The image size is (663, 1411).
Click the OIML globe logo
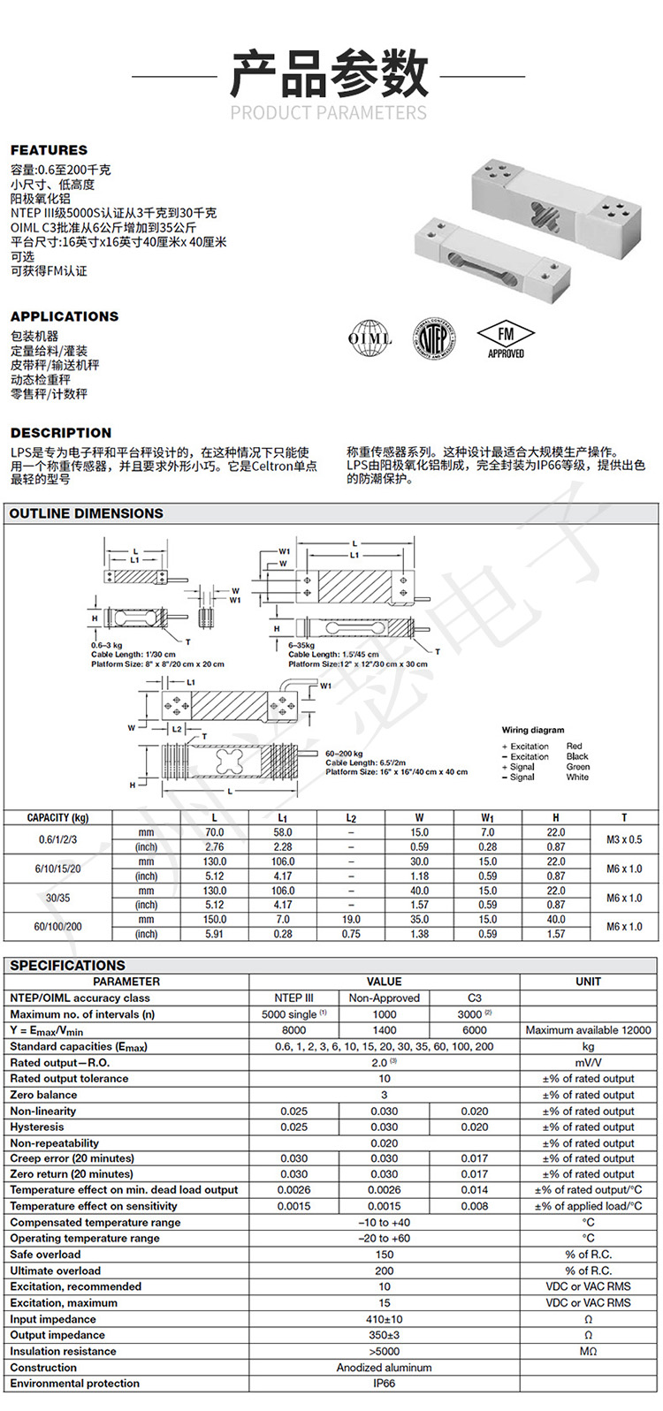pos(370,338)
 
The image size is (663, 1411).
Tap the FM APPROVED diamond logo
pos(506,339)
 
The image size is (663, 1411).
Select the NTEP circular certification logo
pos(433,338)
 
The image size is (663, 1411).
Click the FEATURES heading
pos(49,150)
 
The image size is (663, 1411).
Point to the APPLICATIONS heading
pos(64,316)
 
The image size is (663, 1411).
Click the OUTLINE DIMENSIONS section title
pos(87,513)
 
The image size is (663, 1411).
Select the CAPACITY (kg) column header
pos(58,818)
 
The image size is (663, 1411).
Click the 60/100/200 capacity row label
pos(58,927)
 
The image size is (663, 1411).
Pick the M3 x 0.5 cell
pos(624,839)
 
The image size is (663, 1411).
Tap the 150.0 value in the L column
pos(214,920)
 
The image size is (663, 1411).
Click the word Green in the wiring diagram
pos(577,767)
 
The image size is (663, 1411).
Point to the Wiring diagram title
pos(533,730)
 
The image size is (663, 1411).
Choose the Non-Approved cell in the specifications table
pos(384,998)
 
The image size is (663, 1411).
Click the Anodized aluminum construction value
pos(384,1367)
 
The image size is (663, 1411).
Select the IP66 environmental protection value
pos(384,1383)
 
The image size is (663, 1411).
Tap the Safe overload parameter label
pos(45,1255)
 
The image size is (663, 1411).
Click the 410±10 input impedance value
pos(384,1319)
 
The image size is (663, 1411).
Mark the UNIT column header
pos(588,982)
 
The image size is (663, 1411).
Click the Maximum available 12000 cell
pos(588,1030)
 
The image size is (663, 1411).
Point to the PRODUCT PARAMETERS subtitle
pos(328,113)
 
